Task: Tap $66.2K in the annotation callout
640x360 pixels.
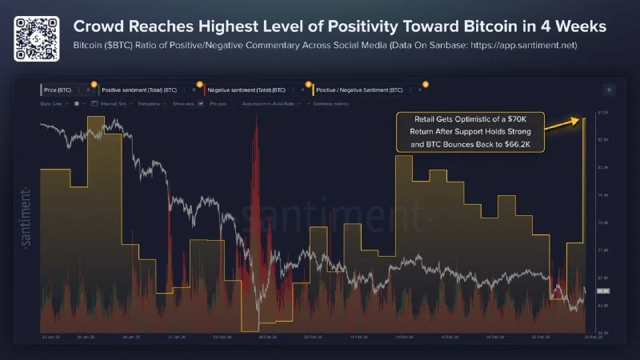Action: click(523, 144)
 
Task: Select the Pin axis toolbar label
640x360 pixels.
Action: click(218, 104)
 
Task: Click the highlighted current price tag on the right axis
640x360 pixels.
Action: click(603, 291)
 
